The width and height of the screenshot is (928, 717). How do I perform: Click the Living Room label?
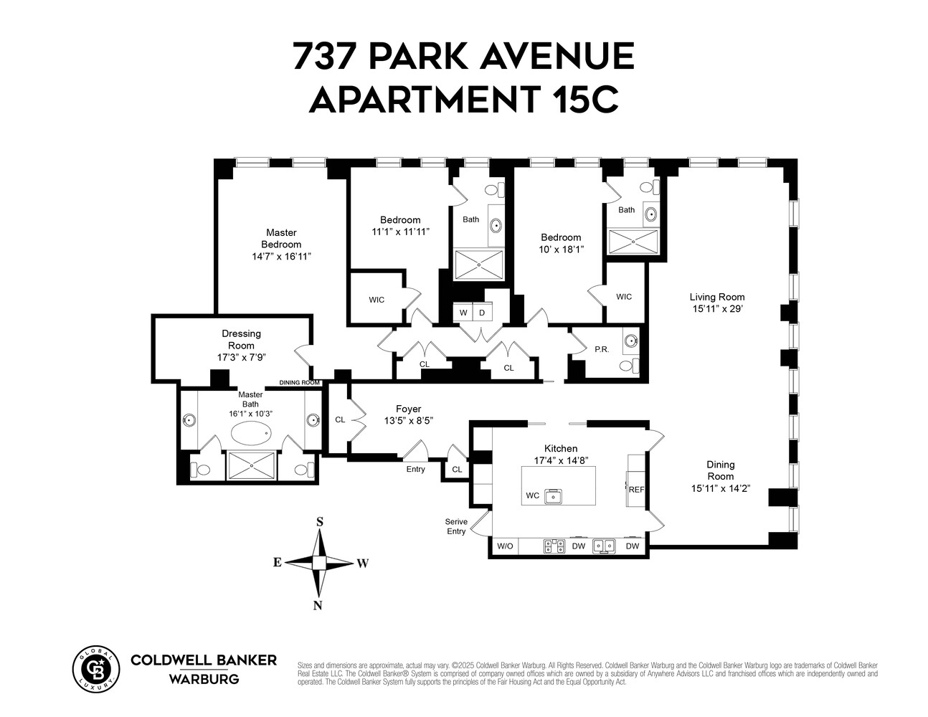[x=716, y=297]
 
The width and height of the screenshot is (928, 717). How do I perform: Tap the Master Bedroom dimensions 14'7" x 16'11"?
[x=281, y=257]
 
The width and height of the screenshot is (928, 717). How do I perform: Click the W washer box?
[x=463, y=313]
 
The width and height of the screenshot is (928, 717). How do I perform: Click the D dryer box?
[x=482, y=313]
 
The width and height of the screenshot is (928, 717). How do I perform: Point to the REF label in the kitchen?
[x=636, y=490]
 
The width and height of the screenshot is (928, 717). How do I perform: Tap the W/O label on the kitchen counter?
[x=505, y=546]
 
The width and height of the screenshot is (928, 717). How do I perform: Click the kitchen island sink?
[x=553, y=495]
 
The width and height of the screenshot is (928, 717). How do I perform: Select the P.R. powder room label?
[x=601, y=349]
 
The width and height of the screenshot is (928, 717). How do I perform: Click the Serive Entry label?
[x=456, y=526]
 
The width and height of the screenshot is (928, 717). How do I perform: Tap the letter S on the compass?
[x=320, y=522]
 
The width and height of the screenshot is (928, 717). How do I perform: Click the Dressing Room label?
[x=241, y=339]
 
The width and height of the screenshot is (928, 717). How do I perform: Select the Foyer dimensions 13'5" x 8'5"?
[x=408, y=421]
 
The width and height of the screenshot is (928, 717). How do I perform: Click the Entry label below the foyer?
[x=415, y=470]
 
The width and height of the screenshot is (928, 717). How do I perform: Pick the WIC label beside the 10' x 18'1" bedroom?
[x=623, y=297]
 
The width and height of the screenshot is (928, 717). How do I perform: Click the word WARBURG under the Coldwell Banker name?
[x=204, y=679]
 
